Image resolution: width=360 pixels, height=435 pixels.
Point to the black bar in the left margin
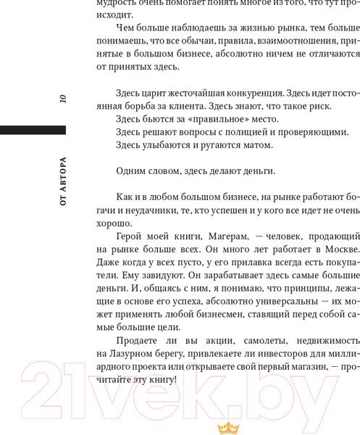pyautogui.click(x=33, y=130)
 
